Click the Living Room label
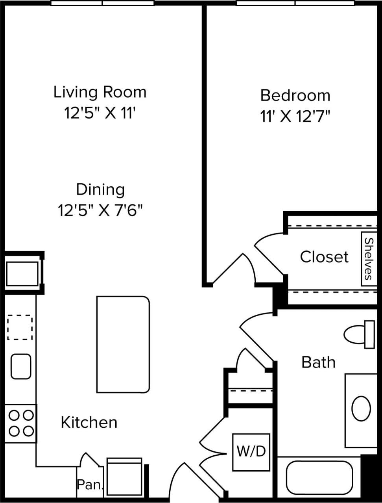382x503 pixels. click(100, 92)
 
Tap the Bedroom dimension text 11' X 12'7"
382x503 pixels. click(295, 117)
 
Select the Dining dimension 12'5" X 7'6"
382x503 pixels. click(100, 210)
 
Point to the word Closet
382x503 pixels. click(324, 257)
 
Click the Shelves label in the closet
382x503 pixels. click(367, 258)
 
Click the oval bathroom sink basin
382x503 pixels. click(361, 409)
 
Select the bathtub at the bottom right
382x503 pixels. click(319, 477)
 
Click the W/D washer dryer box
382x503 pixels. click(251, 452)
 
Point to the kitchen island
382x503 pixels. click(123, 345)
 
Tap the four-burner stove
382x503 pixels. click(21, 423)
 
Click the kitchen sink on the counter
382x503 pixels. click(21, 366)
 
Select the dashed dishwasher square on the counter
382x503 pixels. click(20, 327)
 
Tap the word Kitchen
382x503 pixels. click(89, 422)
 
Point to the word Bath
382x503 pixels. click(318, 362)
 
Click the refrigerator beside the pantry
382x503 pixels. click(124, 477)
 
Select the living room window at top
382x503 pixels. click(102, 3)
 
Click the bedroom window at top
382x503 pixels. click(295, 3)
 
